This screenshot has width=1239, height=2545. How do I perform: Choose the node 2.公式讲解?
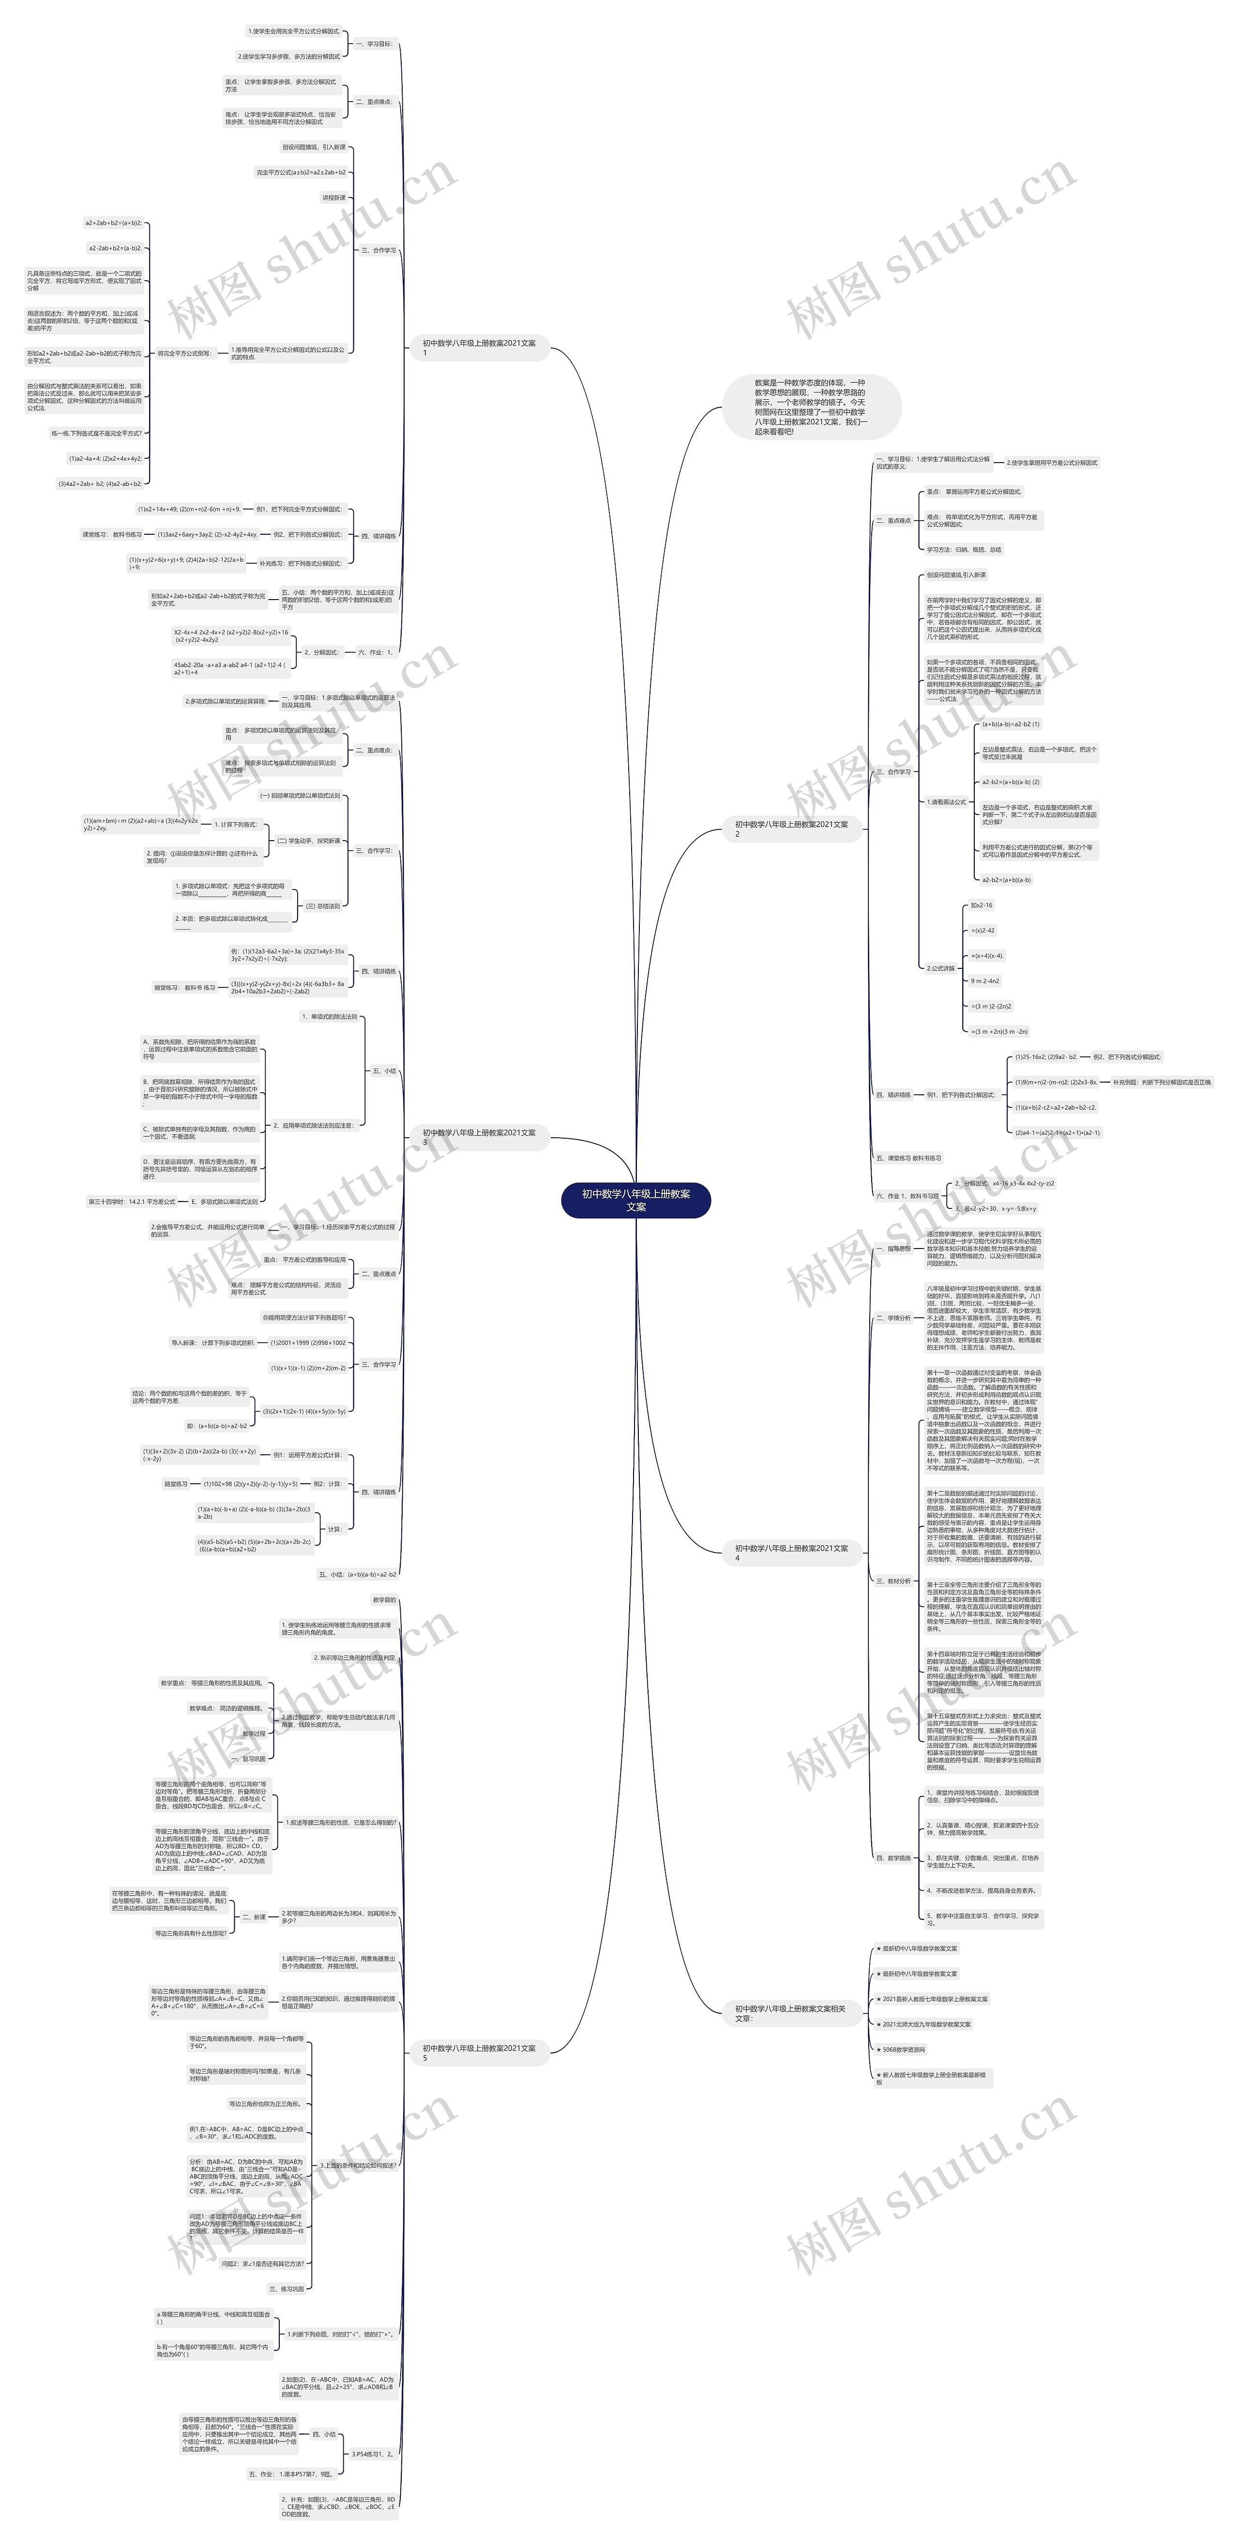(x=940, y=968)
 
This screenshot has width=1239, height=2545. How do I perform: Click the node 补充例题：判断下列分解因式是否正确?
(x=1162, y=1082)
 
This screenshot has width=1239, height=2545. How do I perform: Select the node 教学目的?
(x=384, y=1599)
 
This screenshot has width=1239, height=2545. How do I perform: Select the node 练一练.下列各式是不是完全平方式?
(x=97, y=433)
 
